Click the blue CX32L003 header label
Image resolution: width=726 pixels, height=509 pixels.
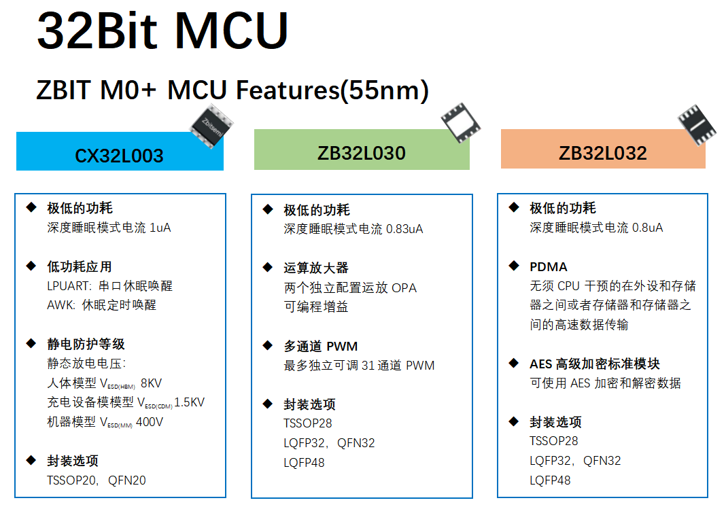(120, 156)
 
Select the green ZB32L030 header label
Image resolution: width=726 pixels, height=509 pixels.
(362, 153)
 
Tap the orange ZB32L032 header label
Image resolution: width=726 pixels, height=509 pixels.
(603, 153)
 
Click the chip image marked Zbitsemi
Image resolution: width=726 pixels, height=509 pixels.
(212, 126)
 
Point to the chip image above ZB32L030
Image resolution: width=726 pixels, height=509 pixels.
(461, 122)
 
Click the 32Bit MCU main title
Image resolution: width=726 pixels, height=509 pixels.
(163, 31)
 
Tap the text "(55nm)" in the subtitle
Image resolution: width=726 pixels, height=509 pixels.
(384, 90)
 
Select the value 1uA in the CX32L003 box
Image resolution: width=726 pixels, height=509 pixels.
(160, 228)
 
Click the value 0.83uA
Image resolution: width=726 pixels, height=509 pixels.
(404, 229)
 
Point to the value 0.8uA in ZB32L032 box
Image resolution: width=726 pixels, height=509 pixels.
(647, 228)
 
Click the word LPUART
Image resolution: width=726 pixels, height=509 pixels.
(68, 286)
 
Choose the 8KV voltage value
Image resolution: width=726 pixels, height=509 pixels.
(151, 383)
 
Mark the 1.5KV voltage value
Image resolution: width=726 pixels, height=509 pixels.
(190, 402)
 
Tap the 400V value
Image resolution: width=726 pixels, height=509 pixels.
(150, 422)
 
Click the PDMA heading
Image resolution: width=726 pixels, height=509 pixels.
(549, 267)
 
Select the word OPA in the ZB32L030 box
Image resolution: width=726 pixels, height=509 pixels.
(404, 288)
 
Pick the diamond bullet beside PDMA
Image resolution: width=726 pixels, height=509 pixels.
(514, 266)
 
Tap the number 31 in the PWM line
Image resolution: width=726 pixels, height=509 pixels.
(368, 366)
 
